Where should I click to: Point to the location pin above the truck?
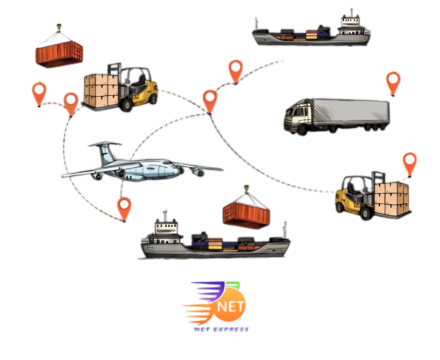[x=393, y=81]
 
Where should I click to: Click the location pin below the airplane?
[x=124, y=207]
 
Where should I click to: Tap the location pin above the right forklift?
[x=409, y=162]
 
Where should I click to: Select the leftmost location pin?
[x=39, y=92]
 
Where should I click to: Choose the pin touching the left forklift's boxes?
[x=71, y=101]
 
